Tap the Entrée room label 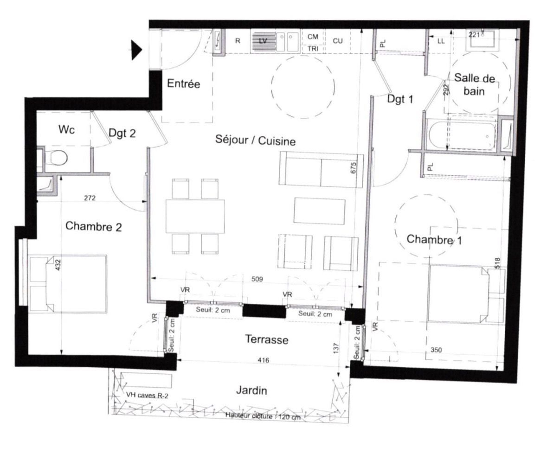(x=183, y=84)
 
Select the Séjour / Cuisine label (x=255, y=141)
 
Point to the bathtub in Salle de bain (x=462, y=135)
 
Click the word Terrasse (x=266, y=340)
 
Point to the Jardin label (x=251, y=390)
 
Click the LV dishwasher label (x=263, y=41)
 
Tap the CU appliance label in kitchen (x=337, y=41)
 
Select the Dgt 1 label (x=400, y=98)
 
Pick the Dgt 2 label (x=122, y=134)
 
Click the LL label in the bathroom (x=441, y=41)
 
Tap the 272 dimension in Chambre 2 (x=90, y=198)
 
